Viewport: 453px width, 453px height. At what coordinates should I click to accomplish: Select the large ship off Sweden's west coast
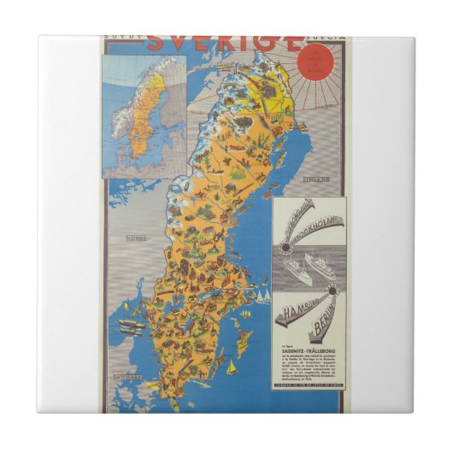pyautogui.click(x=129, y=325)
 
